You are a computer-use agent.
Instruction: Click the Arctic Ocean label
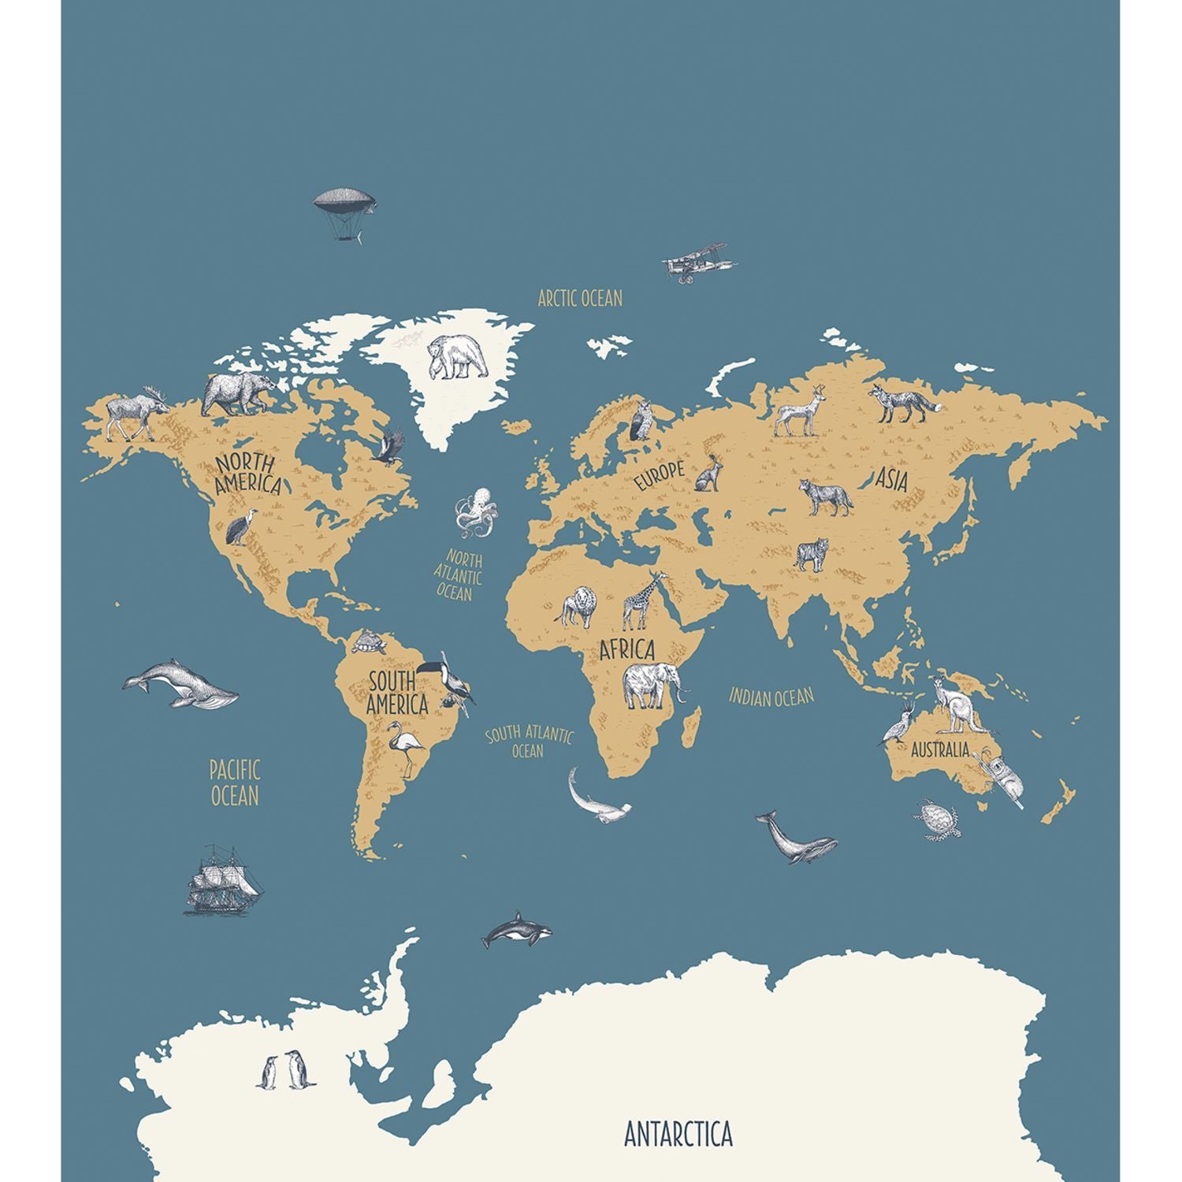click(580, 299)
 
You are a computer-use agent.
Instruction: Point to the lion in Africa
click(578, 607)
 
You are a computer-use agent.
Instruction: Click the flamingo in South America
click(405, 747)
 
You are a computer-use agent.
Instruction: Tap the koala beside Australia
click(1002, 779)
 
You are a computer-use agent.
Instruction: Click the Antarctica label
click(678, 1134)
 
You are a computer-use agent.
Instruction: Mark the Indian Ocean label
click(771, 697)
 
